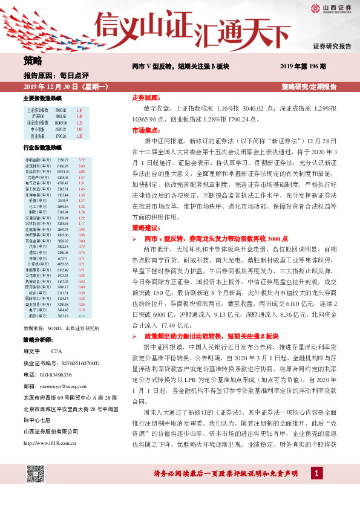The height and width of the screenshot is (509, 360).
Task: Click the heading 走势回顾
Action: pyautogui.click(x=146, y=97)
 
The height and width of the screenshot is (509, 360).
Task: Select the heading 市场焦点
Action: pyautogui.click(x=146, y=130)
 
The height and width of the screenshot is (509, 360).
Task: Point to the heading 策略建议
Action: pyautogui.click(x=146, y=227)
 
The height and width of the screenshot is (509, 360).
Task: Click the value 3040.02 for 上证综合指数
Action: pyautogui.click(x=59, y=110)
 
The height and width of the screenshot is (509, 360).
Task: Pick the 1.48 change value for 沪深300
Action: pyautogui.click(x=79, y=116)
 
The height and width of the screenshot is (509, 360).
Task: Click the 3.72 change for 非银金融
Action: pyautogui.click(x=82, y=159)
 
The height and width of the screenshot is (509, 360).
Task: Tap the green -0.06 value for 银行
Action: pyautogui.click(x=82, y=316)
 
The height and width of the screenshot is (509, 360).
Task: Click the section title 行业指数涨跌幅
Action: pyautogui.click(x=42, y=148)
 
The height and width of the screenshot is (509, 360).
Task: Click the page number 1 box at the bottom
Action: pyautogui.click(x=316, y=488)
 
